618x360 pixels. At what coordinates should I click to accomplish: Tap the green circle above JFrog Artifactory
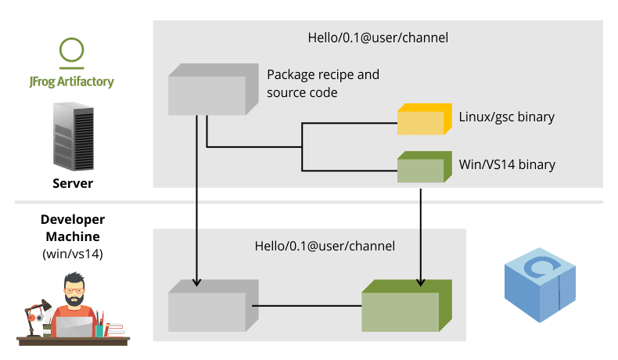(72, 49)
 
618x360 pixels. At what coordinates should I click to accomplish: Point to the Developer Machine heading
(72, 228)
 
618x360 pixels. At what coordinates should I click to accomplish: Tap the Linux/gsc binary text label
(506, 117)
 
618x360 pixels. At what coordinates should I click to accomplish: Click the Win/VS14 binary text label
(507, 164)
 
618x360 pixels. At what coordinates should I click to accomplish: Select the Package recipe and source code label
(323, 84)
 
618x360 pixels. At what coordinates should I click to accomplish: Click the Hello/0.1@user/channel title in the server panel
(379, 37)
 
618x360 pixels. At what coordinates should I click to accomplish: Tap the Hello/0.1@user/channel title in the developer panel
(325, 246)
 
